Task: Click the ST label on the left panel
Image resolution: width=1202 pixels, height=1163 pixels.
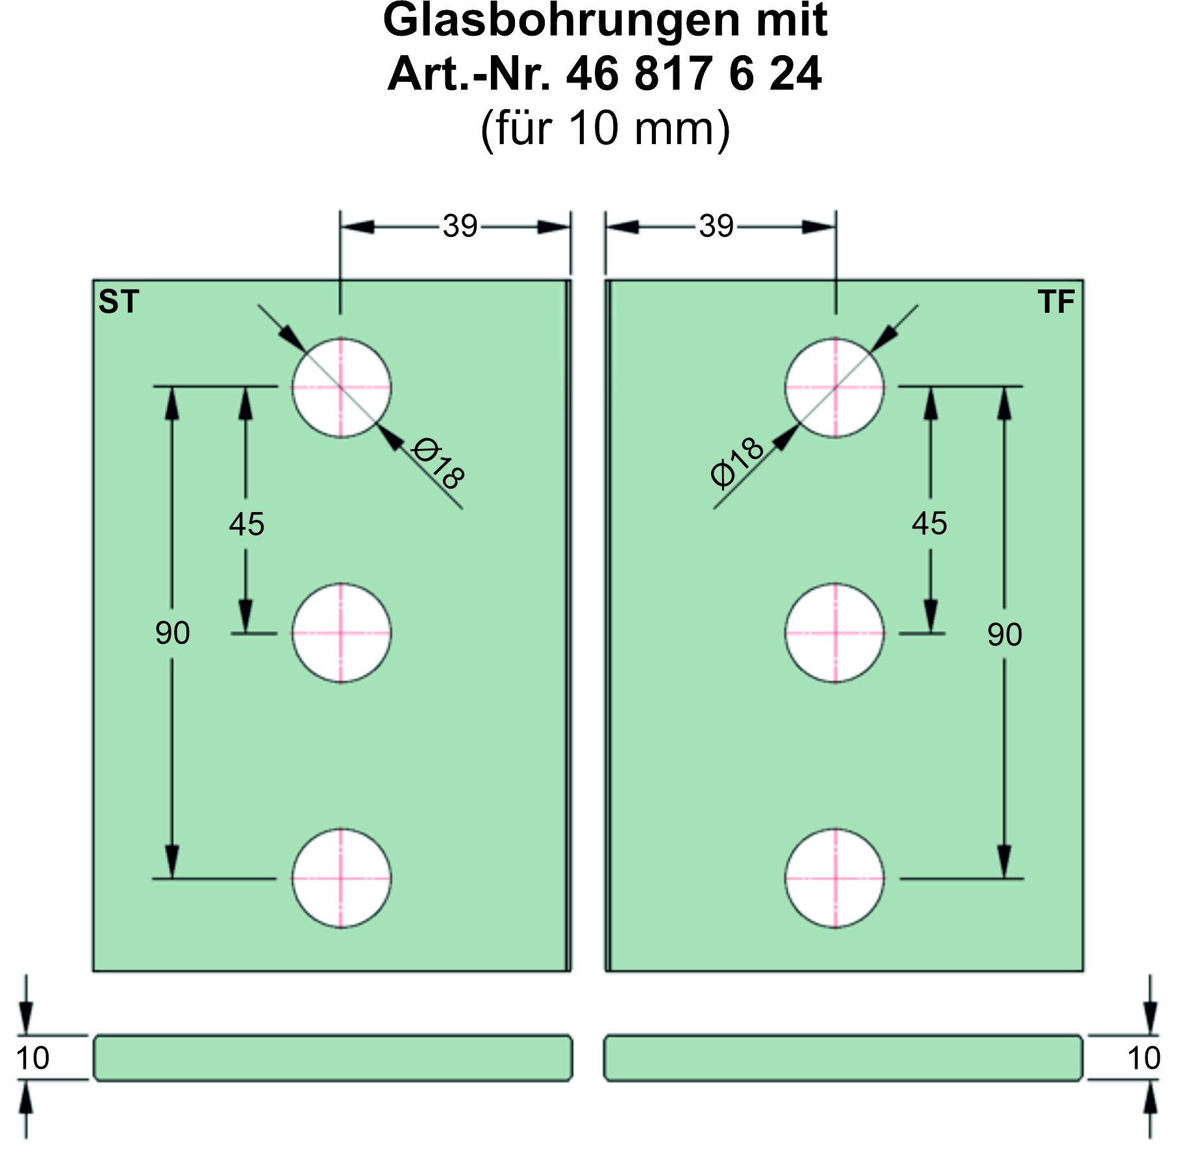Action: pos(119,302)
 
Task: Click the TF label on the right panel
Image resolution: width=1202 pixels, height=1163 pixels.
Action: pos(1056,302)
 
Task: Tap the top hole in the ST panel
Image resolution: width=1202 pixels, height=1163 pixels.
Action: pos(341,387)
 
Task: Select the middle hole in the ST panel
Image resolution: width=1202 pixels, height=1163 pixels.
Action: pos(341,633)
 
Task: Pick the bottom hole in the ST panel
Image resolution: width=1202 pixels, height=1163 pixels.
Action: pos(341,878)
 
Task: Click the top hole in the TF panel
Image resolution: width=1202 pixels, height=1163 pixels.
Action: pos(835,387)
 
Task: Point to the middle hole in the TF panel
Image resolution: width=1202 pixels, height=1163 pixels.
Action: pos(835,633)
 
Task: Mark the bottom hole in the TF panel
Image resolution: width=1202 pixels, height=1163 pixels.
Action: pos(835,878)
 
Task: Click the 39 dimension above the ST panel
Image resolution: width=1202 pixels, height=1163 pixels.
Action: pos(460,226)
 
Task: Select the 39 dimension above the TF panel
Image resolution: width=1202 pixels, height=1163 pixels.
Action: pos(716,226)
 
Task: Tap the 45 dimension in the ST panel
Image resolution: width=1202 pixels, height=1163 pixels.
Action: pos(247,524)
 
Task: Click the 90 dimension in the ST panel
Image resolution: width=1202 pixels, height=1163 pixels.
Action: pos(173,633)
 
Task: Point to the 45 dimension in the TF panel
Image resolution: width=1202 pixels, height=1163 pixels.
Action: pos(929,523)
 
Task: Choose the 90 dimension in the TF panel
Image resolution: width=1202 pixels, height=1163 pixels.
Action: pos(1005,634)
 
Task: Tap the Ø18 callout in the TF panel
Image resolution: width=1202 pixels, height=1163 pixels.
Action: pos(738,462)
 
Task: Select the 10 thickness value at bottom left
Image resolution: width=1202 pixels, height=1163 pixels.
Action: pos(32,1059)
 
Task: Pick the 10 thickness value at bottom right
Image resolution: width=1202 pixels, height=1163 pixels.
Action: pos(1144,1059)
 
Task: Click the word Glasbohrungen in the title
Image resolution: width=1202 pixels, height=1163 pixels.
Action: pos(559,21)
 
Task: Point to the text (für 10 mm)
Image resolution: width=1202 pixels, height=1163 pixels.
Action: pos(605,129)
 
